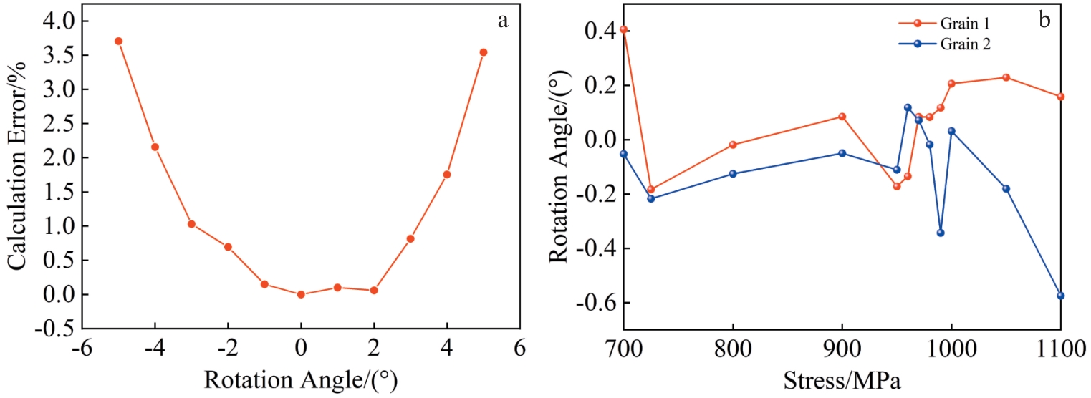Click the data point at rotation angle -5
coord(118,41)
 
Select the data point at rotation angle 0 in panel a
coord(301,294)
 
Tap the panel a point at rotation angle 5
coord(484,52)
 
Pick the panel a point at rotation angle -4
coord(155,147)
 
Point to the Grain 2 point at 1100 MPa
coord(1061,296)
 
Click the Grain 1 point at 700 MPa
coord(624,29)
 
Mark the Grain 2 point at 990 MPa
coord(941,233)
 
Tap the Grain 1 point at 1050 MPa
coord(1006,77)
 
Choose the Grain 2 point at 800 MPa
coord(733,174)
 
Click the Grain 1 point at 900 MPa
coord(842,117)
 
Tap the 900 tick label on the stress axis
coord(842,350)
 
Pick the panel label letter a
coord(503,21)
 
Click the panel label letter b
coord(1044,21)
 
